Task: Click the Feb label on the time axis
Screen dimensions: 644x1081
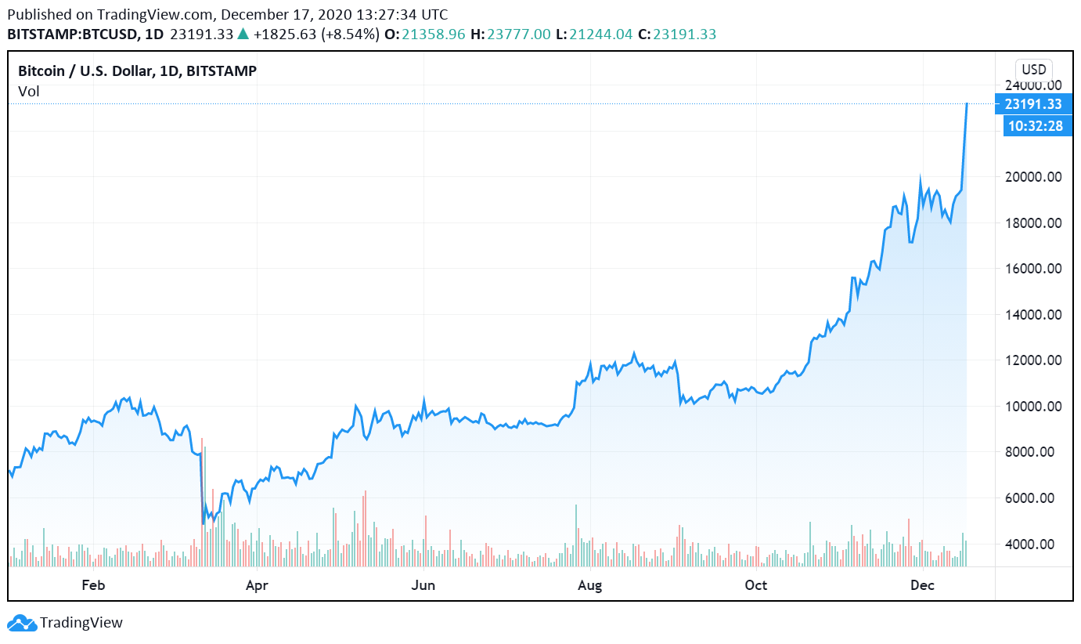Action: click(92, 584)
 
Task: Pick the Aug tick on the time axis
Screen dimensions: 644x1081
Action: click(589, 584)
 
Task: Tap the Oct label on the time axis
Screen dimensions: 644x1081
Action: click(756, 584)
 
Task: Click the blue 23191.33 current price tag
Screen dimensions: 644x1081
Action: click(1033, 104)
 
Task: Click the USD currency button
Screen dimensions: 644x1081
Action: click(1034, 69)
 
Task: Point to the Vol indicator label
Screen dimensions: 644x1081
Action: click(29, 92)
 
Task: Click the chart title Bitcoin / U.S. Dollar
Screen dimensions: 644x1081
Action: click(137, 71)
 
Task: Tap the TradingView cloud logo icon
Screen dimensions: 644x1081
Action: click(21, 623)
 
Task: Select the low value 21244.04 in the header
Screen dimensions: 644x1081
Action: click(601, 34)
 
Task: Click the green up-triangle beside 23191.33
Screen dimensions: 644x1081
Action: click(243, 34)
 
